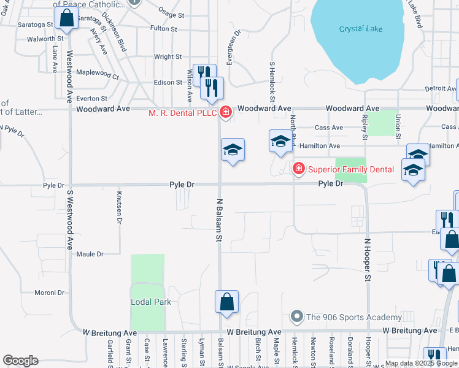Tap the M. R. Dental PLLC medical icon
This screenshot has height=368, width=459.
226,112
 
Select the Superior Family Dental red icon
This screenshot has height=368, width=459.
298,168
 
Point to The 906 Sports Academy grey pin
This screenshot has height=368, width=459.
297,316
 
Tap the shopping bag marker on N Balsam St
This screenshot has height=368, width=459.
226,301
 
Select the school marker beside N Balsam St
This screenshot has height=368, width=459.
233,149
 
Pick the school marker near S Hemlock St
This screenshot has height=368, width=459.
280,141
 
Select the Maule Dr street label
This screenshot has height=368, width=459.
90,254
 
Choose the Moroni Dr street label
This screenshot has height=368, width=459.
50,292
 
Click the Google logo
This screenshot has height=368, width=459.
20,361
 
